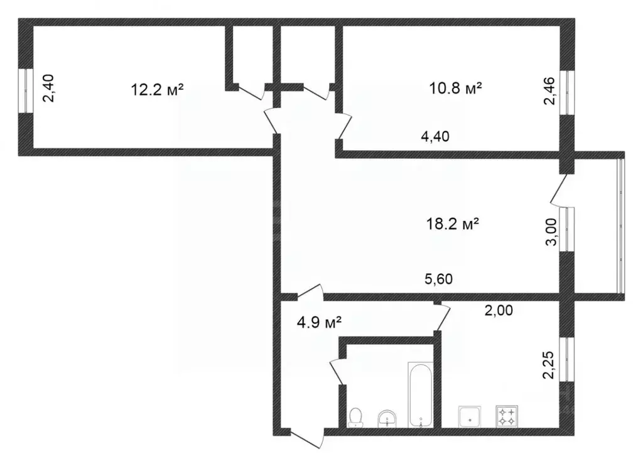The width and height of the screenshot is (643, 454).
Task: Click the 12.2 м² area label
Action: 157,89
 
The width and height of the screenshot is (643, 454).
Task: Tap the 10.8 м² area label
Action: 455,88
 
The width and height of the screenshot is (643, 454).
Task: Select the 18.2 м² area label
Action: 453,224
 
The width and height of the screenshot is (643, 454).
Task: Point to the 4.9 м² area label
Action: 320,323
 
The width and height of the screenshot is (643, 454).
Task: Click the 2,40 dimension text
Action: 48,88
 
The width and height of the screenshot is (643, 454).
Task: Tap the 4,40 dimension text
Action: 435,136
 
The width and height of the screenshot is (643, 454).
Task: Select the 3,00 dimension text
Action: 551,232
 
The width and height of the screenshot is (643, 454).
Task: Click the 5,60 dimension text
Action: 438,279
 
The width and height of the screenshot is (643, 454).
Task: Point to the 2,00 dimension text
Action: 499,310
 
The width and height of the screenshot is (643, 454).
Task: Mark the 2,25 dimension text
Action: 548,365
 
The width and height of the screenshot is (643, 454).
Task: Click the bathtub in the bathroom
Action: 420,394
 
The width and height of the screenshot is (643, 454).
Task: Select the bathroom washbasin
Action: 387,418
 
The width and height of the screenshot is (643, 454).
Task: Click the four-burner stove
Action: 507,416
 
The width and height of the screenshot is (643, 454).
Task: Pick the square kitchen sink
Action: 470,416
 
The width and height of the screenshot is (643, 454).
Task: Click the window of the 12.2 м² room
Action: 25,91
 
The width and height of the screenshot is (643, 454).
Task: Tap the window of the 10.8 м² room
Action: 568,94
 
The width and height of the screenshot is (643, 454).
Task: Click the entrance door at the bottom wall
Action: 308,439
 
